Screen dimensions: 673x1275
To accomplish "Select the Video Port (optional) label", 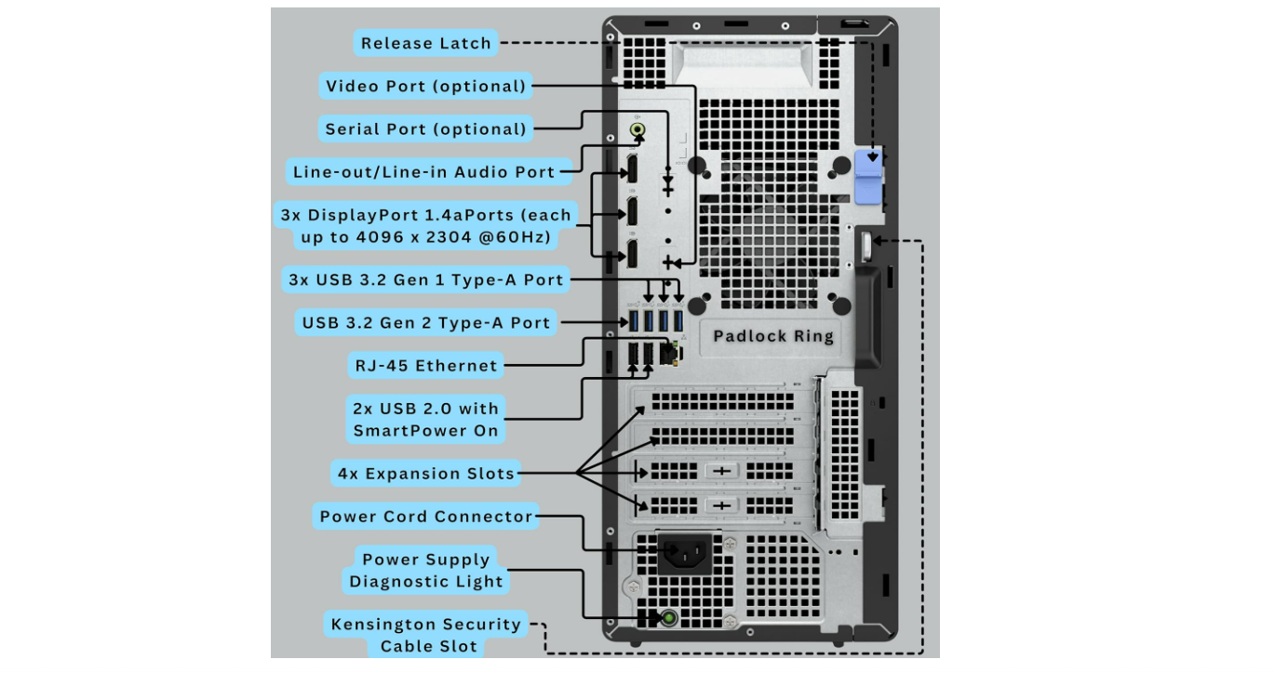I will click(426, 87).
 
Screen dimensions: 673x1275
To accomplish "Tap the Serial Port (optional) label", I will click(425, 129).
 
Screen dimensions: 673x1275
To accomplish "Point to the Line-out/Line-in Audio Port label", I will click(423, 172).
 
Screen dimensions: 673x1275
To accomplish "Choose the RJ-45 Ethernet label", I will click(426, 366).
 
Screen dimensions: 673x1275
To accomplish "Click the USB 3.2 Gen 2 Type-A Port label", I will click(426, 323).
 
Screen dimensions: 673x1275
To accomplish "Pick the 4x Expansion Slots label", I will click(426, 474).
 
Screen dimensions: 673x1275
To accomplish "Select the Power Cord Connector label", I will click(426, 517).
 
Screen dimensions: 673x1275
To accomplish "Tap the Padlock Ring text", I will click(773, 337).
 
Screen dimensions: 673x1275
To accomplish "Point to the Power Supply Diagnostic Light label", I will click(426, 571).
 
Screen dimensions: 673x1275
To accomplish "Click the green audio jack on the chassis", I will click(637, 129).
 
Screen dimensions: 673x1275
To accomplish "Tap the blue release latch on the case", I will click(867, 175).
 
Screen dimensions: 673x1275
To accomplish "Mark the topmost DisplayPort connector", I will click(631, 169).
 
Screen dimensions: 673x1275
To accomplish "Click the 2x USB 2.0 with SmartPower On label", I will click(425, 420).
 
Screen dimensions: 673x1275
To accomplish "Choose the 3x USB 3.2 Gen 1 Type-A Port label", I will click(425, 279).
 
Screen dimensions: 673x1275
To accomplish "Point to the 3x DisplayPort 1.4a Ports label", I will click(425, 226).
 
